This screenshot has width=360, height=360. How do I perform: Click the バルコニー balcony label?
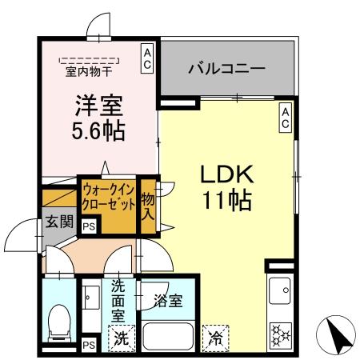tap(226, 69)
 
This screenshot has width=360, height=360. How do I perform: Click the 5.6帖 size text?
tap(99, 130)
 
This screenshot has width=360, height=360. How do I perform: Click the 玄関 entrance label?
tap(58, 221)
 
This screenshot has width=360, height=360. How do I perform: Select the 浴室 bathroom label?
tap(168, 301)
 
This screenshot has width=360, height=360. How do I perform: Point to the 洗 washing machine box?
tap(119, 338)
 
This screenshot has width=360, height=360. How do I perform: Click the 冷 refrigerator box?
tap(214, 338)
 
